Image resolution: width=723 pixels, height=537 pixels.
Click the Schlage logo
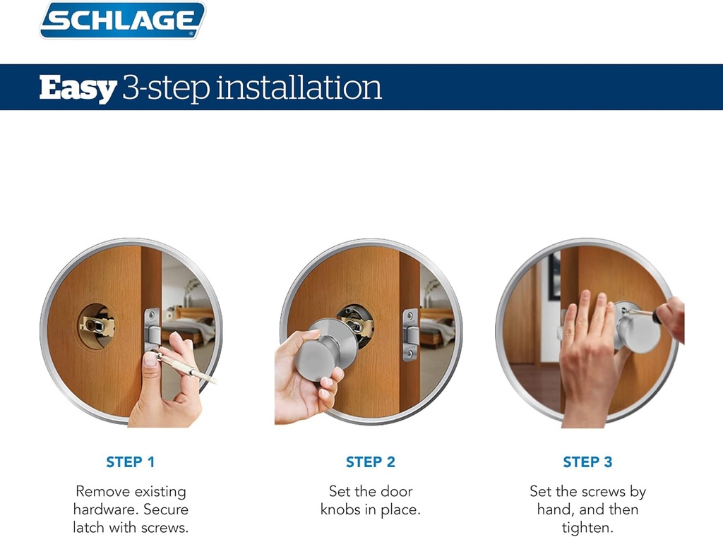click(122, 20)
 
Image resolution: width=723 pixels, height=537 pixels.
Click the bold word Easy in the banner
click(78, 88)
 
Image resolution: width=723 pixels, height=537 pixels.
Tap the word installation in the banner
click(299, 88)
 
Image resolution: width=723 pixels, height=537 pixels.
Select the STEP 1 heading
click(131, 462)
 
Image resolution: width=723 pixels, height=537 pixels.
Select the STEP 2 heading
click(371, 462)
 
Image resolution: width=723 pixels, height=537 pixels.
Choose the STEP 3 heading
click(587, 462)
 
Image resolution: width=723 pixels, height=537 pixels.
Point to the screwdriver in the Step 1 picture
click(187, 368)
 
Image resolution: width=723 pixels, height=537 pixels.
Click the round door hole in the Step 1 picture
click(97, 326)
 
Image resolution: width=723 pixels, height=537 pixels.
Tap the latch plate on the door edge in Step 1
click(152, 329)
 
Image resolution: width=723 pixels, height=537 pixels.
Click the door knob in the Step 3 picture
click(638, 332)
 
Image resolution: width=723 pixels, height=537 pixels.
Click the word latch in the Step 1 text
click(90, 528)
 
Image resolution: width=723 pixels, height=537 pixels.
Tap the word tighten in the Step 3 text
click(587, 528)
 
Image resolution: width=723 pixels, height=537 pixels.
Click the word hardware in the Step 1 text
click(103, 509)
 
